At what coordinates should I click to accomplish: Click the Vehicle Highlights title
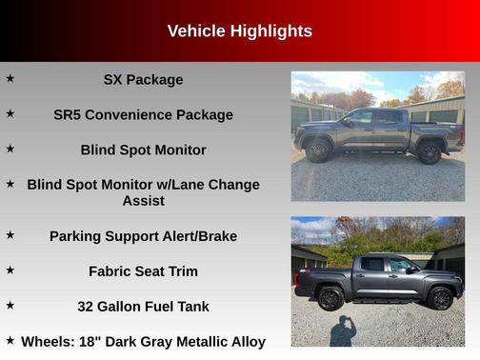coord(239,31)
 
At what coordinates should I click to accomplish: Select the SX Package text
coord(143,80)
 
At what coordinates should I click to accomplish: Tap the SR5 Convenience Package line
coord(143,114)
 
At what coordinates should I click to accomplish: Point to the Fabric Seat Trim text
coord(143,271)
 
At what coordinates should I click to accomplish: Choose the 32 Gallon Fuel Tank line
coord(143,307)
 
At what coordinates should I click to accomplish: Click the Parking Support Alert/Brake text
coord(143,236)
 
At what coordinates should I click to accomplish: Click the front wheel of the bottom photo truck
coord(440,298)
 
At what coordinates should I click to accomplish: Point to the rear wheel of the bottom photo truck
coord(330,298)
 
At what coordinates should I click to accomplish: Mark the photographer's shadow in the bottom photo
coord(343,330)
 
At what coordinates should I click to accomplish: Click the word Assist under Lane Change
coord(143,201)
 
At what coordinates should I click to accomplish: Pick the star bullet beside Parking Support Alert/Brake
coord(10,234)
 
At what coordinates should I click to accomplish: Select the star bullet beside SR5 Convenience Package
coord(10,113)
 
